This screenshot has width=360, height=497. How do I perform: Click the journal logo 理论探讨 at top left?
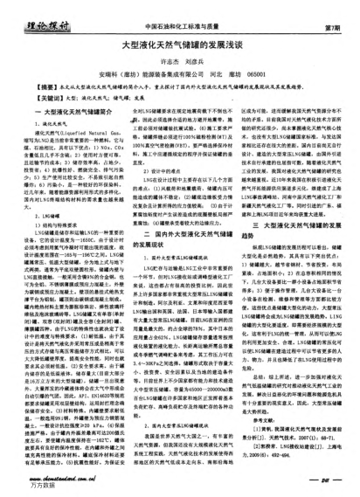click(39, 15)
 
